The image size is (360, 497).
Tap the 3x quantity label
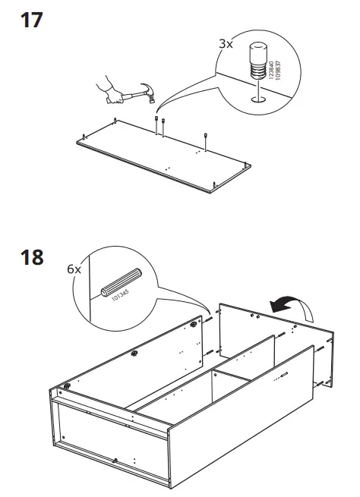tap(226, 45)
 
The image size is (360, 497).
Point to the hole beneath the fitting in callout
tap(256, 97)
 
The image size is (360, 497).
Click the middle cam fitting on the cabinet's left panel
tap(134, 353)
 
